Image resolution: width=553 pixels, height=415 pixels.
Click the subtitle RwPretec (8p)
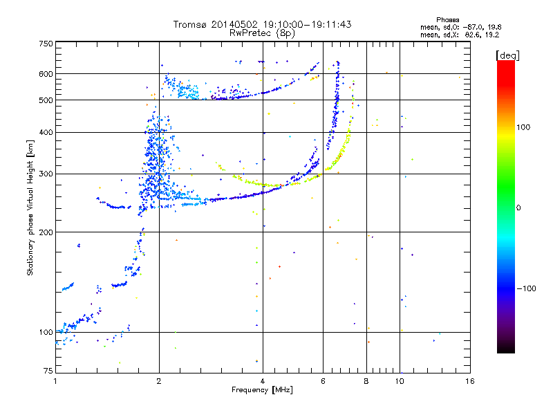point(263,33)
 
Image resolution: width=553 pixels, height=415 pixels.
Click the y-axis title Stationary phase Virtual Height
point(30,207)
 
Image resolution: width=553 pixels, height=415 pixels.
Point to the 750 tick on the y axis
point(46,43)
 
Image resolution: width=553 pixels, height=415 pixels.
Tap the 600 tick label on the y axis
point(46,74)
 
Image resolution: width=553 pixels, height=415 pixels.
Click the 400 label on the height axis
point(46,132)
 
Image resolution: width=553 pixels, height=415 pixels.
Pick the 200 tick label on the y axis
point(46,232)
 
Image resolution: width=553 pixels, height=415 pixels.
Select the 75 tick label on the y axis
point(48,371)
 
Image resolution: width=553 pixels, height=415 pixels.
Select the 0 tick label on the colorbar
point(519,207)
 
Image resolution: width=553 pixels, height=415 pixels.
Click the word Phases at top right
point(447,19)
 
